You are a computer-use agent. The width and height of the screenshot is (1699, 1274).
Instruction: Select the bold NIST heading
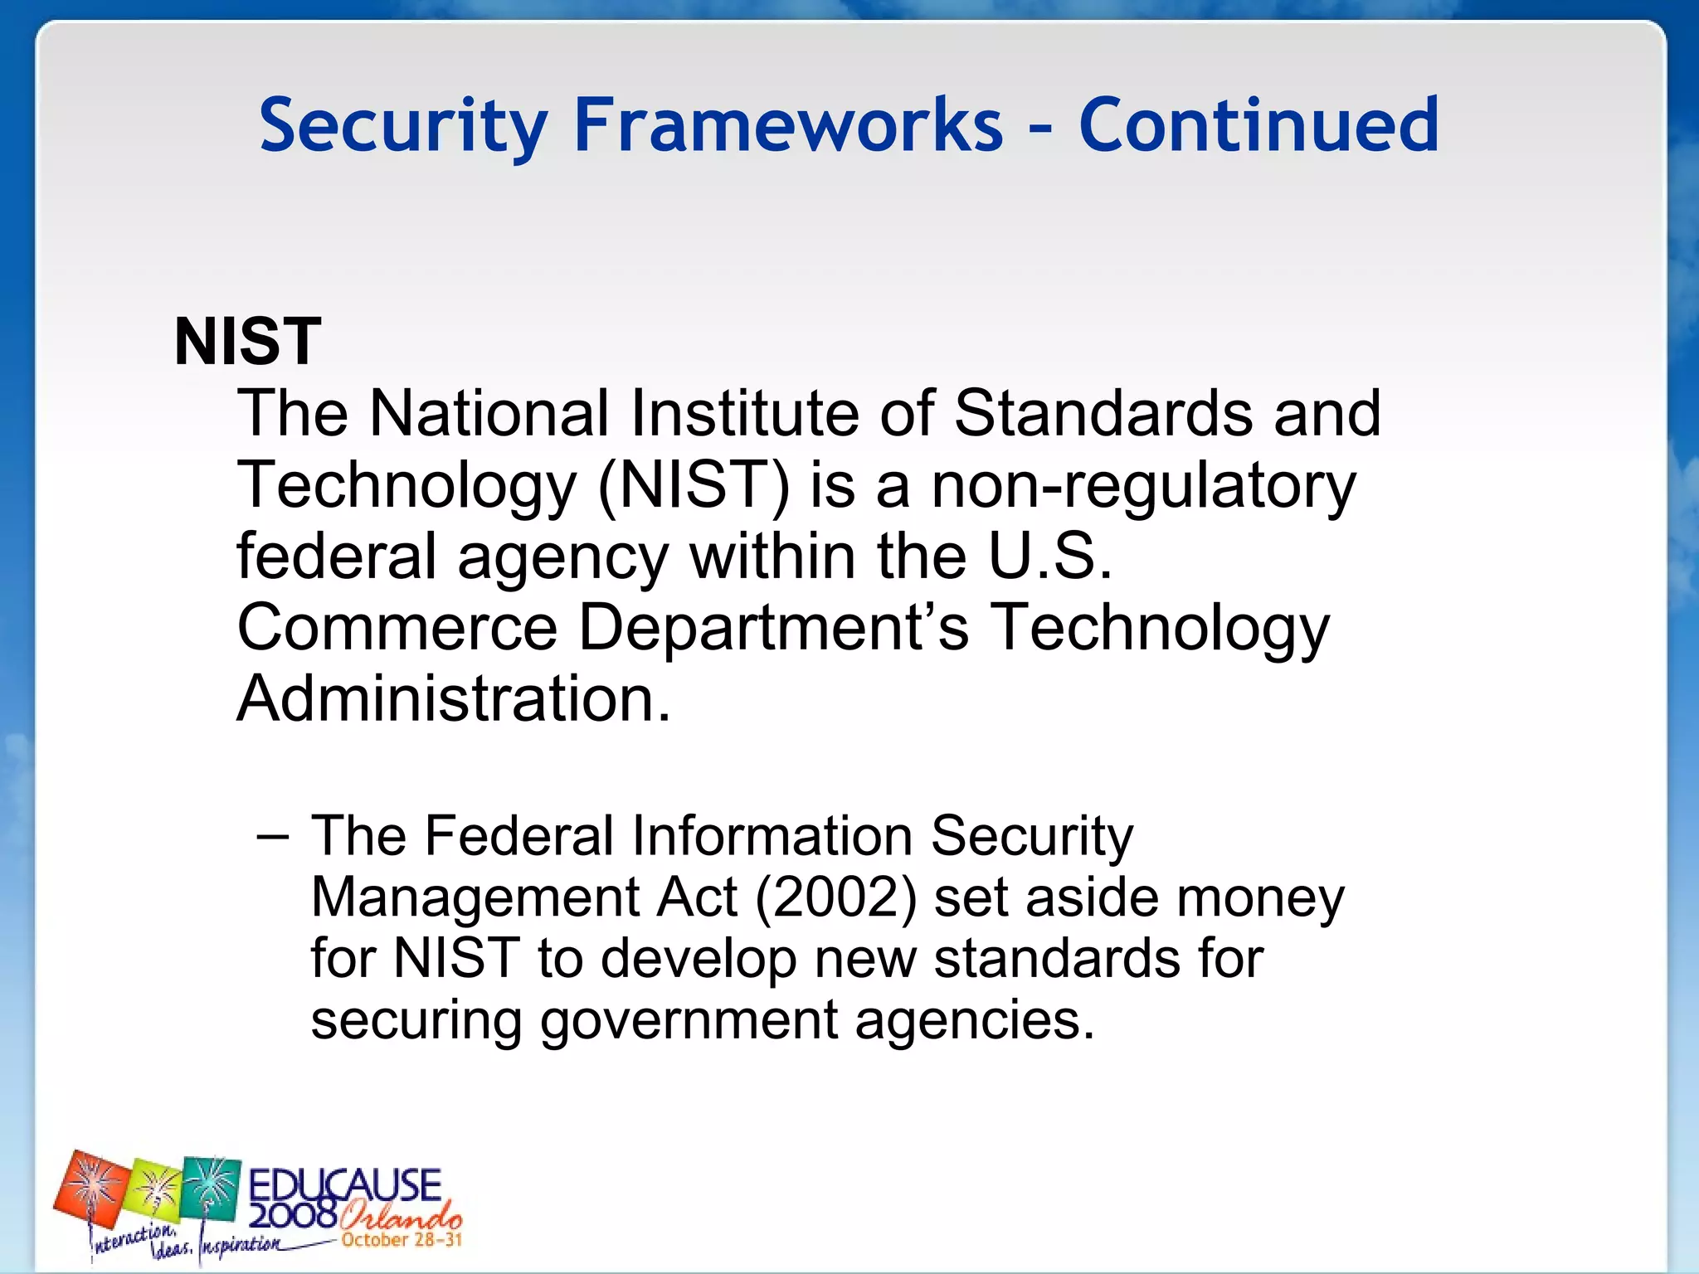tap(247, 341)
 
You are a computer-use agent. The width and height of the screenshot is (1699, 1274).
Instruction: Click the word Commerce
tap(397, 627)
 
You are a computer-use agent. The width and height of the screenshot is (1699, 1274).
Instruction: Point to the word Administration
tap(453, 698)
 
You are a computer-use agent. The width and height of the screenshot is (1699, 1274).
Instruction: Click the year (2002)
tap(835, 897)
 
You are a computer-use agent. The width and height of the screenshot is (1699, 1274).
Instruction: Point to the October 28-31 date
tap(402, 1240)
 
